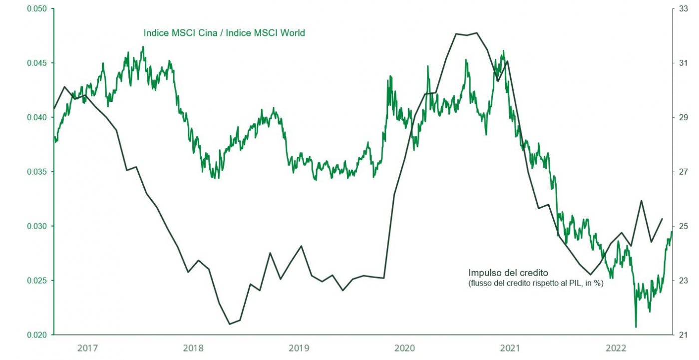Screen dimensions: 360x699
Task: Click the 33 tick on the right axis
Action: click(x=683, y=9)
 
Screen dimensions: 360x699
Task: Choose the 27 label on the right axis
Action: click(x=683, y=172)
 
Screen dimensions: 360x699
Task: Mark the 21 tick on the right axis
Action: click(x=683, y=335)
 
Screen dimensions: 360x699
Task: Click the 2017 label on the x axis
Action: click(x=88, y=348)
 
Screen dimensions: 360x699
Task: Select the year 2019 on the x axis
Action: click(x=299, y=348)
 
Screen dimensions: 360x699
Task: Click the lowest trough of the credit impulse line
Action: click(x=230, y=324)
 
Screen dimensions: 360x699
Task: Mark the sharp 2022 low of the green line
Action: click(x=636, y=327)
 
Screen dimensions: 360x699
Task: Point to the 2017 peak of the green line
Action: click(x=143, y=47)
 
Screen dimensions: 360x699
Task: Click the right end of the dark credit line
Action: click(x=662, y=219)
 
